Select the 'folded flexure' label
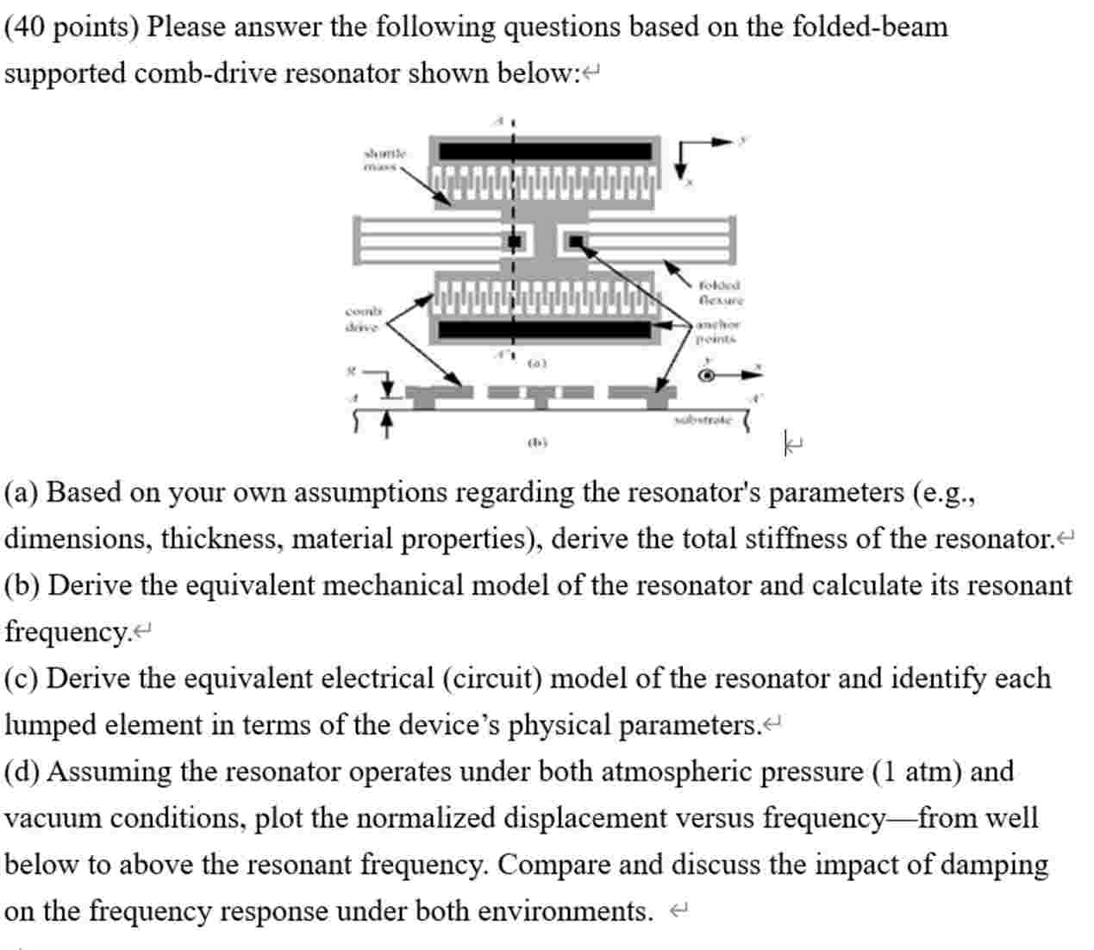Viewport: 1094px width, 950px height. tap(720, 292)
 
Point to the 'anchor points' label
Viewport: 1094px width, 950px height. tap(717, 331)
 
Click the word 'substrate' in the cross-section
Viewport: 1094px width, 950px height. tap(702, 420)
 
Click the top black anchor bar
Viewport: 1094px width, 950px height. tap(546, 152)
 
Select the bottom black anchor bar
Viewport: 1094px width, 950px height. tap(546, 329)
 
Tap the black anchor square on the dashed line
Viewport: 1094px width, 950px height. tap(515, 241)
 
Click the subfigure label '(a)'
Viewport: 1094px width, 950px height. tap(537, 363)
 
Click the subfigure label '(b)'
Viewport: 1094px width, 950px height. tap(537, 442)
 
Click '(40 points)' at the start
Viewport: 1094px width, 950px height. tap(71, 27)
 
